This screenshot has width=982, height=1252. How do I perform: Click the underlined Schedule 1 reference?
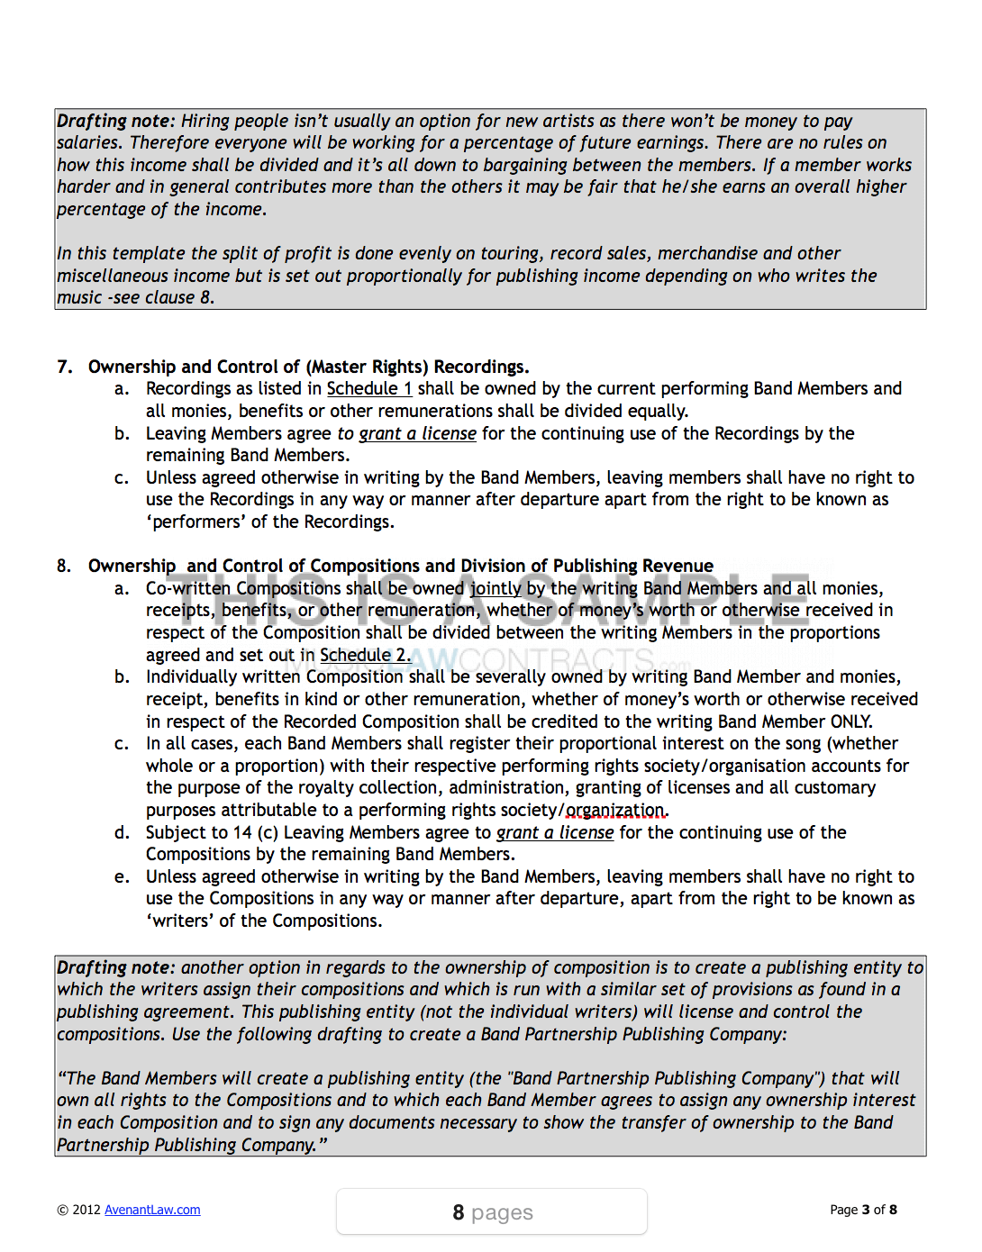[x=368, y=389]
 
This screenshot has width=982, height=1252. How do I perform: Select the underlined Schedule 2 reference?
[x=364, y=656]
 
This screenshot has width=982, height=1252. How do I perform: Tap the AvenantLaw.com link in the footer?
[x=152, y=1210]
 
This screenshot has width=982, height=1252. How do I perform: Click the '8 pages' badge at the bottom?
[x=492, y=1212]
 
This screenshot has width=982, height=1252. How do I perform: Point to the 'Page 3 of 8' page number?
[x=863, y=1210]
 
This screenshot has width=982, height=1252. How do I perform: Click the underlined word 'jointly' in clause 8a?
[x=496, y=589]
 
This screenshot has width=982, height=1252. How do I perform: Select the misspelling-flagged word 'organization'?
[x=616, y=811]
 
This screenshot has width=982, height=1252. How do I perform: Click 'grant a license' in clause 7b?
[x=417, y=434]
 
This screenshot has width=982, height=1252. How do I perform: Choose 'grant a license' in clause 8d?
[x=555, y=833]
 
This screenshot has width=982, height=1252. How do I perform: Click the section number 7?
[x=65, y=367]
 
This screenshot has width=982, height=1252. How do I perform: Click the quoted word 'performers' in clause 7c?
[x=195, y=522]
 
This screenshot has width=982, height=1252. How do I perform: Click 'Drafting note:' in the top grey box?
[x=115, y=122]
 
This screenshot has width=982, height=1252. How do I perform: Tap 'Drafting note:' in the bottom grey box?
[x=115, y=968]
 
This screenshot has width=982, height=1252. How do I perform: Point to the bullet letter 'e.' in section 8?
[x=122, y=877]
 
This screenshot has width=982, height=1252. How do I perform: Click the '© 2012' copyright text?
[x=79, y=1210]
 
